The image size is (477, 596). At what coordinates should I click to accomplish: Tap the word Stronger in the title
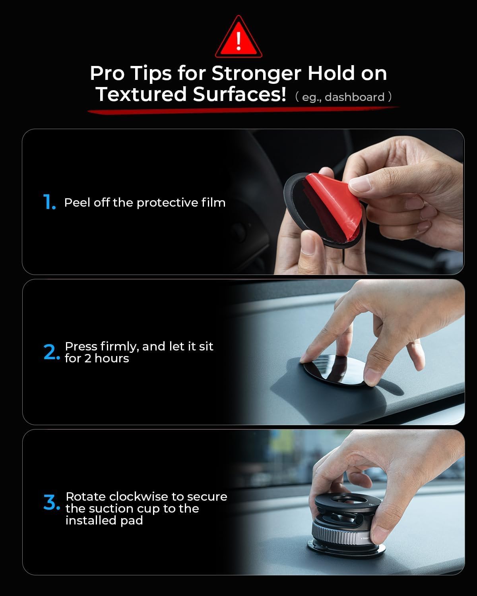point(256,74)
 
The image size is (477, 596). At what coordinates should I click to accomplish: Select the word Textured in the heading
point(142,95)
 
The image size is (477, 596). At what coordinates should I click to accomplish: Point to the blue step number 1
point(49,203)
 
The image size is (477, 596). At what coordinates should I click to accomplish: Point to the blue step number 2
point(51,352)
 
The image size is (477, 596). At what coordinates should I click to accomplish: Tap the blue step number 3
point(51,503)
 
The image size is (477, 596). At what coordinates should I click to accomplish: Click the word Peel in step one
point(77,203)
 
